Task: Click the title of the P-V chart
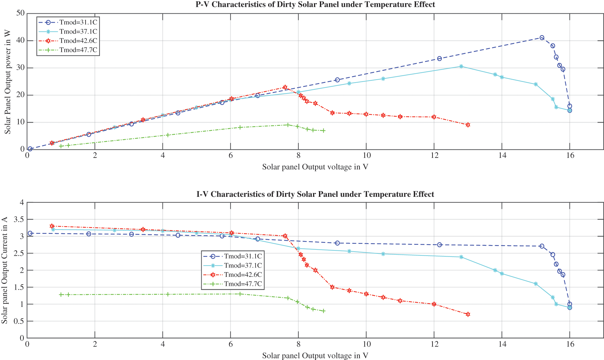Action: [315, 5]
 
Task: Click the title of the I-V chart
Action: [315, 194]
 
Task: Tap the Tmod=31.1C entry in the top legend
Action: [78, 22]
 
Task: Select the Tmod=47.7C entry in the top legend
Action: [78, 50]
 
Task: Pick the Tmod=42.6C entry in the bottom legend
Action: [243, 275]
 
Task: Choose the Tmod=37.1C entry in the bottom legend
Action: [243, 266]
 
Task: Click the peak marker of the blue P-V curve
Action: [542, 38]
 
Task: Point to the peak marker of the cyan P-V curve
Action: [461, 66]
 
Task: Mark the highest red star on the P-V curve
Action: [285, 87]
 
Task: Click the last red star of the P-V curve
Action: [468, 125]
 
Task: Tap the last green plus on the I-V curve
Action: [324, 311]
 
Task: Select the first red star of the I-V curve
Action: [52, 226]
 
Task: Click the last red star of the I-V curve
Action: [468, 314]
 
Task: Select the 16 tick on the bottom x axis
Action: [570, 344]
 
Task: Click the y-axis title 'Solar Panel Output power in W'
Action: [7, 82]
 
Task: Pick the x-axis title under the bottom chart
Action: [315, 356]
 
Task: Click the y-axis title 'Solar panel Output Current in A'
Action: [4, 270]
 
